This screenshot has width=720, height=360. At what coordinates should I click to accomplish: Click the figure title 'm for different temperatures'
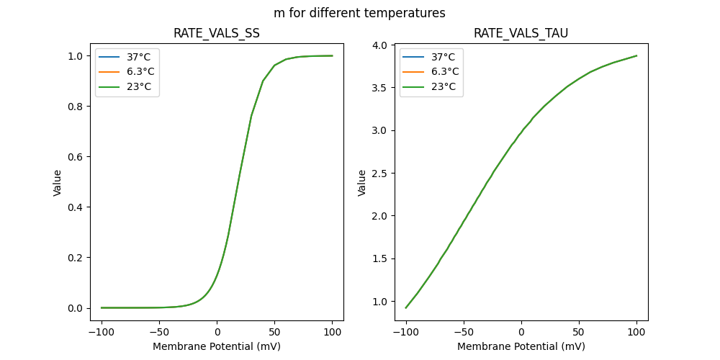pos(359,13)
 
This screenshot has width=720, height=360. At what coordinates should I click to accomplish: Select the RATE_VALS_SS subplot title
pos(217,33)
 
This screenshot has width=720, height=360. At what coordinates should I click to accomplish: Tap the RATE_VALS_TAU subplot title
pos(521,33)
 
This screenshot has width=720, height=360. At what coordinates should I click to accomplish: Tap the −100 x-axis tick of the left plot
pos(102,333)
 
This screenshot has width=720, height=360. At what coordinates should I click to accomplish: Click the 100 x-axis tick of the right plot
pos(636,333)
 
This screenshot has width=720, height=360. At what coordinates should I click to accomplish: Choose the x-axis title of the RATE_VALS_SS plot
pos(217,346)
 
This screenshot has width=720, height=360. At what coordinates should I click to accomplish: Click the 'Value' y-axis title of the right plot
pos(362,183)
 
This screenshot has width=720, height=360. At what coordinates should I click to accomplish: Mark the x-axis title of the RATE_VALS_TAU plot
pos(521,346)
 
